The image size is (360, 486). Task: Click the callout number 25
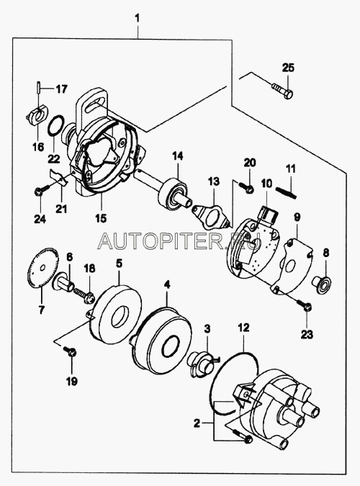288,68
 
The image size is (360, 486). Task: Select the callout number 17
61,89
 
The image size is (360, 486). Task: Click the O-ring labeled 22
57,126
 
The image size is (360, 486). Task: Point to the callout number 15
102,217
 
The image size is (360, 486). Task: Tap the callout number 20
250,163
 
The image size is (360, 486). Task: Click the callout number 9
297,217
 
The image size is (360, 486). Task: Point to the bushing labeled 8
322,281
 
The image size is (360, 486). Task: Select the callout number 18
89,269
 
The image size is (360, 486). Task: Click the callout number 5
119,264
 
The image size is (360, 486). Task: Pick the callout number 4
167,285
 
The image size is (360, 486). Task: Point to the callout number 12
244,328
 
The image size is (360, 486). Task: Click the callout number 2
197,423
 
